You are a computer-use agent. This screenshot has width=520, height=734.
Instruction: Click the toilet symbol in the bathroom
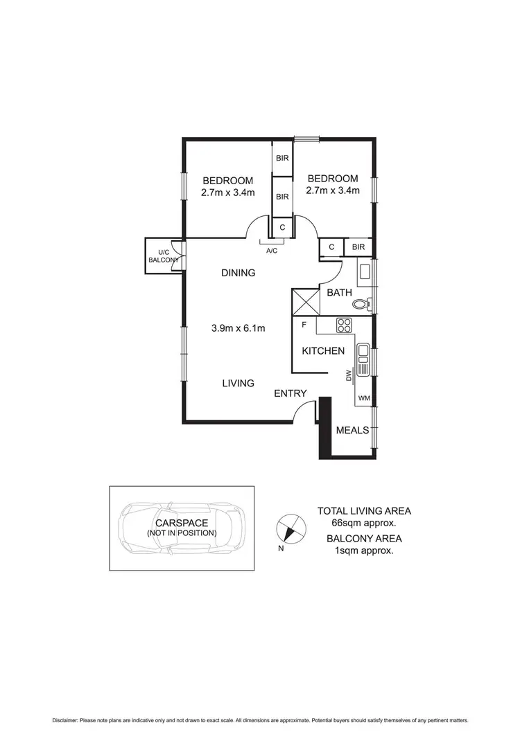(361, 304)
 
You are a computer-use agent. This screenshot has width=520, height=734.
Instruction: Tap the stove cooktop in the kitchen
(343, 324)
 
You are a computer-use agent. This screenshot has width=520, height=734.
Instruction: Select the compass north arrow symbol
(289, 528)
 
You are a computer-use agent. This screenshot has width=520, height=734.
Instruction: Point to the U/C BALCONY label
(164, 256)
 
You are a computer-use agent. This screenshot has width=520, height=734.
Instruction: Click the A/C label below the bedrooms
(271, 251)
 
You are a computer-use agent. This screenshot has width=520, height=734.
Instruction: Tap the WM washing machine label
(364, 397)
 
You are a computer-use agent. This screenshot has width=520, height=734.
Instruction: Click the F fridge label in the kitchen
(304, 324)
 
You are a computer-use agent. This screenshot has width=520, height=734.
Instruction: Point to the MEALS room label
(352, 430)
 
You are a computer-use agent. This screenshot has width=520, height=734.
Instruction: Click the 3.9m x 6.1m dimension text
(238, 328)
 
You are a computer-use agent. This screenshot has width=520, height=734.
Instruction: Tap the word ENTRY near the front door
(290, 393)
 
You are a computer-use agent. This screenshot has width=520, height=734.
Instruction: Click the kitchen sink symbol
(363, 356)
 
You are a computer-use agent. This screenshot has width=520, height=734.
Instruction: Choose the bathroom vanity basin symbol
(365, 272)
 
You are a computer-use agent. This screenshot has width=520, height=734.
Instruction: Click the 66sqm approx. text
(364, 523)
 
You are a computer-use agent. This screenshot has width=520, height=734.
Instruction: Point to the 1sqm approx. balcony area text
(364, 550)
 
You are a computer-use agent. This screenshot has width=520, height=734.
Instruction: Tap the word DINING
(238, 273)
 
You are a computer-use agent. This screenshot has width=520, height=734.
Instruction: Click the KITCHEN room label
(322, 351)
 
